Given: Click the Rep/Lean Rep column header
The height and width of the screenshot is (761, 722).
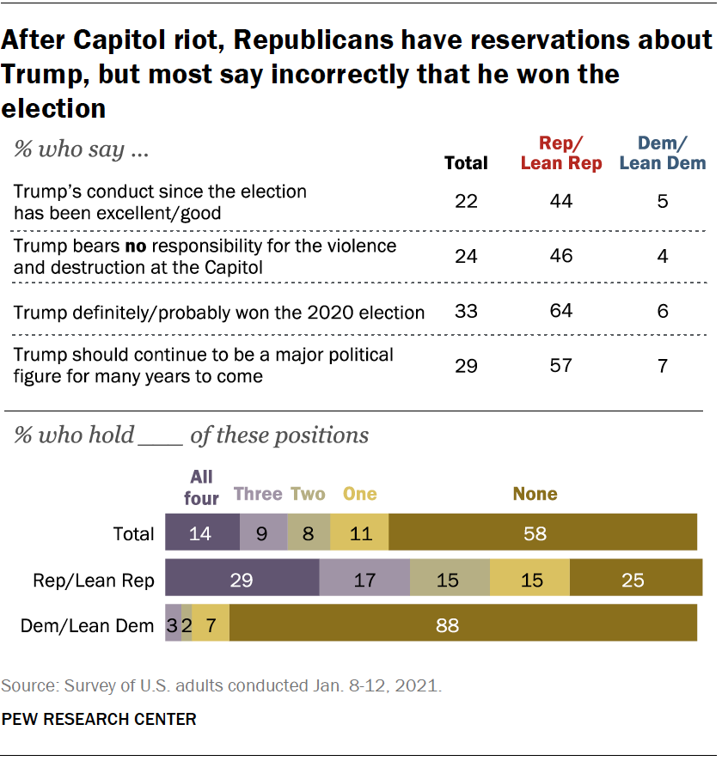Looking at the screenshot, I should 561,153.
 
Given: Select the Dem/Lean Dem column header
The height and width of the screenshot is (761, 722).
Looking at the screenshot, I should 662,153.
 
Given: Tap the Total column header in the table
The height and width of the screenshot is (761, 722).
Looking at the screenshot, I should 466,162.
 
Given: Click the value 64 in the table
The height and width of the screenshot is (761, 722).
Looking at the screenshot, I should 561,311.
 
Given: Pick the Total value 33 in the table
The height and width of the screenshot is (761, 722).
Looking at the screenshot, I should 466,311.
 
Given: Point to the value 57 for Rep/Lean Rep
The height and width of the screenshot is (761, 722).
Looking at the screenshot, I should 561,364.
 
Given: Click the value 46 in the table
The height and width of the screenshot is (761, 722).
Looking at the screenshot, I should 561,255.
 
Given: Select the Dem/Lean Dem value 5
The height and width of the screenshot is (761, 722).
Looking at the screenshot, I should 663,201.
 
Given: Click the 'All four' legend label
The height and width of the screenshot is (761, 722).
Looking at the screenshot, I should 202,486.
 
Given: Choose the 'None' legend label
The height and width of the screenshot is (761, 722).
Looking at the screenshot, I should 535,494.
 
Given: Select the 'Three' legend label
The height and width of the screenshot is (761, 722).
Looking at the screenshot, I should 258,494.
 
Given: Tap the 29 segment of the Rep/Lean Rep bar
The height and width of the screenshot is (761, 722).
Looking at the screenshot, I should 242,581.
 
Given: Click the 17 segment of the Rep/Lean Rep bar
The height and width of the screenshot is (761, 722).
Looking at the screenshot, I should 364,581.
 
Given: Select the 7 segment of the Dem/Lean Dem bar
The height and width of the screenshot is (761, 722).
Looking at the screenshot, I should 211,626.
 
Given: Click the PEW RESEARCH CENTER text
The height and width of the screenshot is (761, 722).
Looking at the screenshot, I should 99,719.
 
